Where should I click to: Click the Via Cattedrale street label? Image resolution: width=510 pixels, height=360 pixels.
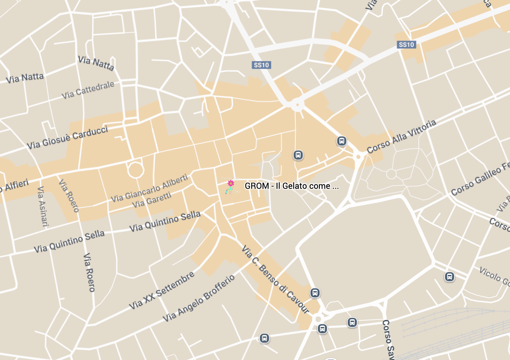pos(88,90)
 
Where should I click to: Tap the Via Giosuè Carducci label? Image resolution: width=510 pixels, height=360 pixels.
pos(67,137)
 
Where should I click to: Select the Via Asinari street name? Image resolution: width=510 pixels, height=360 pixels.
pos(42,206)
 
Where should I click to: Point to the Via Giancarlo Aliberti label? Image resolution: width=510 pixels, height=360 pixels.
pos(150,188)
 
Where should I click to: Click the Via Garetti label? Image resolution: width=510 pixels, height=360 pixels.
pos(152,200)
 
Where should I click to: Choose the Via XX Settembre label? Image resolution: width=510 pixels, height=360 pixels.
pos(162,290)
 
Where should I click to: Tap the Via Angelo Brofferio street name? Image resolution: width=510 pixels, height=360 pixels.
pos(199,298)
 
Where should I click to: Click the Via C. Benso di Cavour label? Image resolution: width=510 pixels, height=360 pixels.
pos(275,279)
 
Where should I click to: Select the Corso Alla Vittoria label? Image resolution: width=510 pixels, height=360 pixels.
pos(401,136)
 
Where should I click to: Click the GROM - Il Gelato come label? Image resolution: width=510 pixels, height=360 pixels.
pos(292,186)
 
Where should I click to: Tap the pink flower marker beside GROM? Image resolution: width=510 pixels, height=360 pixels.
pos(231,184)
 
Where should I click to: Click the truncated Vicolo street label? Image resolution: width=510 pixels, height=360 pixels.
pos(495,276)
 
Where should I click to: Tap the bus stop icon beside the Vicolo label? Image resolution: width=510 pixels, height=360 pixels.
pos(450,277)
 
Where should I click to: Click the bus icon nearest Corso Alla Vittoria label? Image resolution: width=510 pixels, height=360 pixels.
pos(342,141)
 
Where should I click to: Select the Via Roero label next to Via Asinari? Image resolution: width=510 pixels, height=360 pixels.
pos(69,195)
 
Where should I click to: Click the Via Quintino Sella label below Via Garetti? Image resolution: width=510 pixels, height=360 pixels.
pos(165,221)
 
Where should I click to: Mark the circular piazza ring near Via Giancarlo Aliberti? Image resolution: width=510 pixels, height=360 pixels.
pos(136,170)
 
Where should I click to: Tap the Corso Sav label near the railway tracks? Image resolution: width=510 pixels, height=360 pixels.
pos(388,339)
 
